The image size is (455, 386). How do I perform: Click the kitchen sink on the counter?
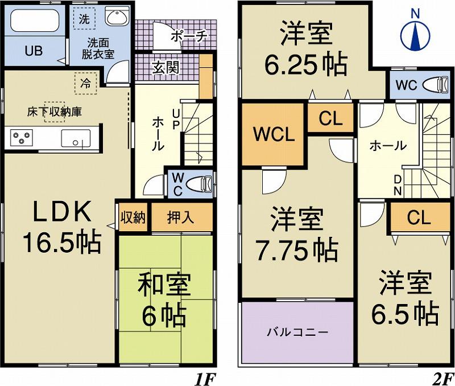point(75,138)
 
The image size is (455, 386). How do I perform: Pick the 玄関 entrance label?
point(166,67)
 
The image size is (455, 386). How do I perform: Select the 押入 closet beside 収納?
point(181,217)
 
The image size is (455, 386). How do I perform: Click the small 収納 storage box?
point(133,217)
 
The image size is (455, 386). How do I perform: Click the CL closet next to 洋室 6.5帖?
point(419,217)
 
